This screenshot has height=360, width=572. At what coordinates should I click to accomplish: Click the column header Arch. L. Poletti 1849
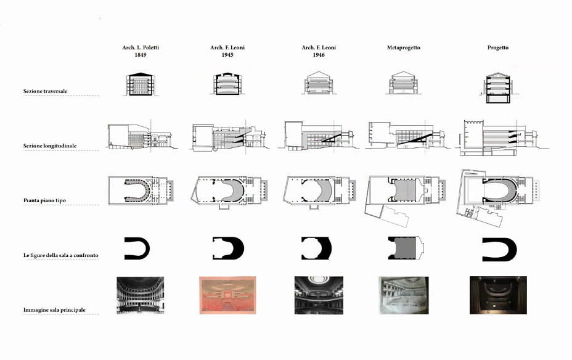[141, 51]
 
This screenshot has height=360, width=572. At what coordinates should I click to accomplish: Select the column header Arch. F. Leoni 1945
[227, 51]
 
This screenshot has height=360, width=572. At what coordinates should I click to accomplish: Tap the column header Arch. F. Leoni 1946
[319, 51]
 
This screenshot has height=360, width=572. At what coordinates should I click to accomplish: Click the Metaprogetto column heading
[404, 47]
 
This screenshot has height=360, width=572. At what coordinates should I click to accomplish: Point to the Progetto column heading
[497, 48]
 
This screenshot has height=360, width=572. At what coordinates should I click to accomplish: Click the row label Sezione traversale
[45, 91]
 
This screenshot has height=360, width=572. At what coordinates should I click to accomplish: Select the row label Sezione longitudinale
[50, 146]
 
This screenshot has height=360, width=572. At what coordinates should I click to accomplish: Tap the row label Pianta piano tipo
[44, 200]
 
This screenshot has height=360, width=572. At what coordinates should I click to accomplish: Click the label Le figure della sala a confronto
[61, 255]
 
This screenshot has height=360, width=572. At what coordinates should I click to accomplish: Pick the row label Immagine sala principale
[54, 310]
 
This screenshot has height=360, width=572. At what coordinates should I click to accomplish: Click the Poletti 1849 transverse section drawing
[141, 84]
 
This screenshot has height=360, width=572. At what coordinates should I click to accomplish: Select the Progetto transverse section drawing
[497, 88]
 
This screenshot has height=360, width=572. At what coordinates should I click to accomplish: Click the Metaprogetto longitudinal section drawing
[407, 134]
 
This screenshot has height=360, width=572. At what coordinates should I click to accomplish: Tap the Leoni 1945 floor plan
[230, 192]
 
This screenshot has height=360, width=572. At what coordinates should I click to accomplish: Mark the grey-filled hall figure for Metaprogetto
[406, 248]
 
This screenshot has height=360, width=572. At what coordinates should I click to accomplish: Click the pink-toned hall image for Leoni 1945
[227, 295]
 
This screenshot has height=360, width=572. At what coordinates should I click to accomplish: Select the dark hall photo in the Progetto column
[498, 295]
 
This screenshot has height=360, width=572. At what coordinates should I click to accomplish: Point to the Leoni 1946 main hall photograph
[319, 295]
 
